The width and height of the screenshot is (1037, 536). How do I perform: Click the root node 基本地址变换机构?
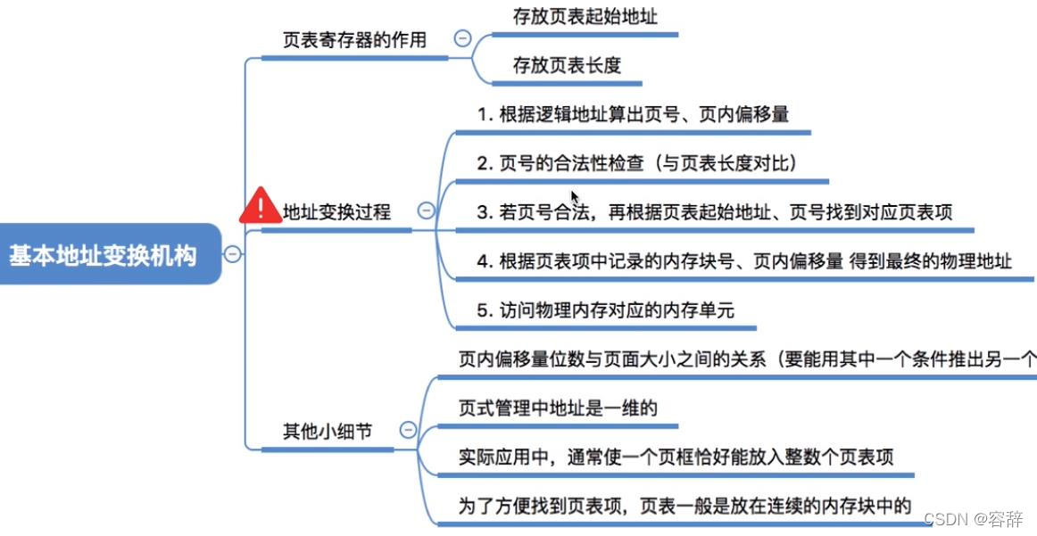coord(103,255)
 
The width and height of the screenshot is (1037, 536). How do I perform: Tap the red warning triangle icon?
coord(260,208)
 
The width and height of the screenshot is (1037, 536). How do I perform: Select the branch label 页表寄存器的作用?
coord(354,40)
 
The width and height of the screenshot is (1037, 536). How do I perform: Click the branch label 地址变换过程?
coord(336,212)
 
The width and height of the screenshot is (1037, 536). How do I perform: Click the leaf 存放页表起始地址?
coord(585,16)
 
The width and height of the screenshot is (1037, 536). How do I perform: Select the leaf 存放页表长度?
coord(567,64)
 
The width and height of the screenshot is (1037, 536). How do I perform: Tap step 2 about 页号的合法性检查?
coord(636,163)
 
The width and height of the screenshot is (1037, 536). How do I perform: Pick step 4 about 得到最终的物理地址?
coord(744,261)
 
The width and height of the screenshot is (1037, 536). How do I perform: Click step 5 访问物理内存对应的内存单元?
coord(605,310)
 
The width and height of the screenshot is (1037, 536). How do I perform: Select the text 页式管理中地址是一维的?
coord(558,408)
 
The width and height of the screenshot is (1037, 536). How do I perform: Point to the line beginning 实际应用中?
coord(676,457)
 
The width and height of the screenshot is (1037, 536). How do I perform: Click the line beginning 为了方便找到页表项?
coord(684,506)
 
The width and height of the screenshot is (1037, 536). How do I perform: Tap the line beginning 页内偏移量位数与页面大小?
coord(746,359)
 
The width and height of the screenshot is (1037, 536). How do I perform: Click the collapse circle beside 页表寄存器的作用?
coord(462,38)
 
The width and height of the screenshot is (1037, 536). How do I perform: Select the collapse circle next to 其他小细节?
coord(408,430)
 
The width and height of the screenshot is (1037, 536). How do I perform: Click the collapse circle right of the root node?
coord(233,254)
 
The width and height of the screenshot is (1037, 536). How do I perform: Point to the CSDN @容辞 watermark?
coord(974,519)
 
